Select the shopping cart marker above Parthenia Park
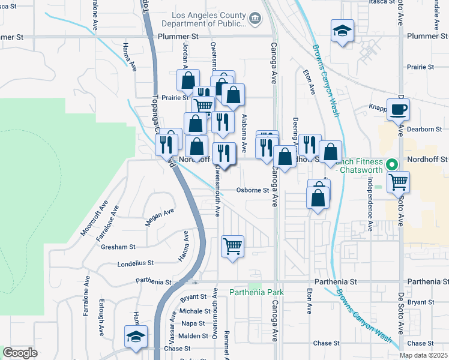(x=232, y=246)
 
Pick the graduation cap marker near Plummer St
(x=342, y=31)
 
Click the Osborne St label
(x=252, y=190)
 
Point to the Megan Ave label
(x=159, y=217)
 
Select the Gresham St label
(x=118, y=247)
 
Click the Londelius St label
(x=136, y=263)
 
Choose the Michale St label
(x=194, y=311)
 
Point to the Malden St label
(x=193, y=335)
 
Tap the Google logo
(x=20, y=353)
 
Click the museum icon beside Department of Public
(x=255, y=19)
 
